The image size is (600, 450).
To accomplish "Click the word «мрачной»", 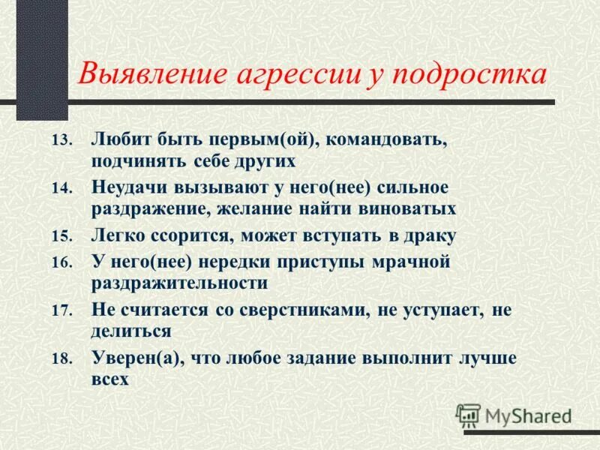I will tap(403, 262).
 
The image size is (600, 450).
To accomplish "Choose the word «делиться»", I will tap(133, 329).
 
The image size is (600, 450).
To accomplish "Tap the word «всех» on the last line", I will tap(110, 379).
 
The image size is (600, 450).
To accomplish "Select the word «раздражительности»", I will tap(180, 283).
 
